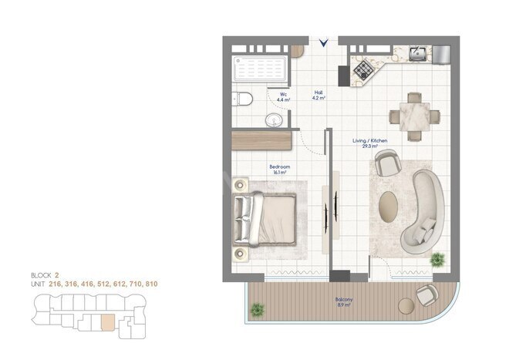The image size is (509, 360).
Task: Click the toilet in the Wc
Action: click(x=241, y=98)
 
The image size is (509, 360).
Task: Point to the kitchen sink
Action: click(x=416, y=54)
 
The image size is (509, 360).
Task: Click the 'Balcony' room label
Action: click(x=344, y=301)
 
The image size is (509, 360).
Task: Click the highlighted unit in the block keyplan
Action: click(x=106, y=322)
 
